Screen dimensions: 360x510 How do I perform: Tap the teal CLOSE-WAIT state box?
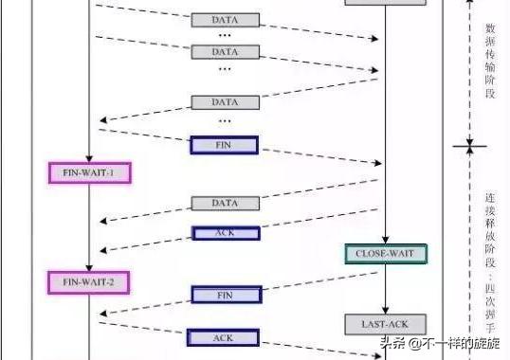pos(386,253)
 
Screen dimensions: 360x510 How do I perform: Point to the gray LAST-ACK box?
pos(386,324)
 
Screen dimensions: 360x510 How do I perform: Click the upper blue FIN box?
pos(224,145)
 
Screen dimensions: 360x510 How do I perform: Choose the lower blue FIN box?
pos(225,296)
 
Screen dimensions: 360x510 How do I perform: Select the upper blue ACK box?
pos(224,233)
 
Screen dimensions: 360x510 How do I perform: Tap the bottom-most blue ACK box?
pos(224,337)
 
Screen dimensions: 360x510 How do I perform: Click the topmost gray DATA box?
pos(225,20)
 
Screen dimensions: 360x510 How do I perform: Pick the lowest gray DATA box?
pos(225,203)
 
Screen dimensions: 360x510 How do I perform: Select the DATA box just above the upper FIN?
pos(225,101)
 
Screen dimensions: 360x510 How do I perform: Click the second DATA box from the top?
pos(225,50)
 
